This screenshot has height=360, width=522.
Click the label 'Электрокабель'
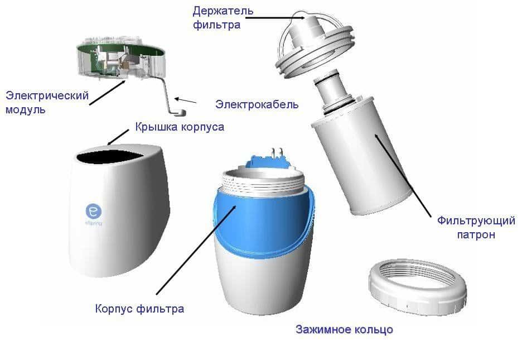pyautogui.click(x=257, y=104)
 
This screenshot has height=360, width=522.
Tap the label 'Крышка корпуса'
pyautogui.click(x=180, y=127)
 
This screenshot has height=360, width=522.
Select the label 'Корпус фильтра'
pyautogui.click(x=139, y=309)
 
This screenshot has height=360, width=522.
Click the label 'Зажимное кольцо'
pyautogui.click(x=344, y=329)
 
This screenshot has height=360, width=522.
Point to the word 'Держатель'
pyautogui.click(x=223, y=11)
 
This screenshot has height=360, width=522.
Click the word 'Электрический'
pyautogui.click(x=47, y=96)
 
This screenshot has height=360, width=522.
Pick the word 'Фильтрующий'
pyautogui.click(x=476, y=221)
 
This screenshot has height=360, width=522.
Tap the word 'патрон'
pyautogui.click(x=476, y=235)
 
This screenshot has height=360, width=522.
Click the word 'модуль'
pyautogui.click(x=25, y=110)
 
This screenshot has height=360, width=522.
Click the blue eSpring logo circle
pyautogui.click(x=94, y=211)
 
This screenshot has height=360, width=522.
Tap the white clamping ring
pyautogui.click(x=418, y=286)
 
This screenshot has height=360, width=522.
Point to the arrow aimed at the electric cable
pyautogui.click(x=185, y=100)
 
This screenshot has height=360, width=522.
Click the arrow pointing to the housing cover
pyautogui.click(x=118, y=137)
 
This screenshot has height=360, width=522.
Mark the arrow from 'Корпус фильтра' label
pyautogui.click(x=196, y=250)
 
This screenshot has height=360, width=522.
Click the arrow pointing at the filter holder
pyautogui.click(x=275, y=18)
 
